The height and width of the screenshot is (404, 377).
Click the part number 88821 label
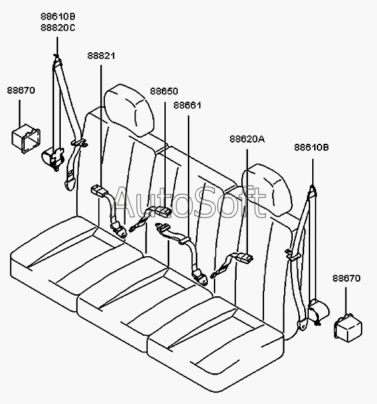tap(101, 56)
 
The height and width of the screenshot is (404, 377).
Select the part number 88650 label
tap(164, 91)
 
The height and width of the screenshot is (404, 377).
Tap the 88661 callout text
tap(187, 106)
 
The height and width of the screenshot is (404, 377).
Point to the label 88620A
tap(247, 139)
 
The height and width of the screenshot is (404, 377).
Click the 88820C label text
tap(58, 27)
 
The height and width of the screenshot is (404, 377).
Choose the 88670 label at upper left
tap(21, 90)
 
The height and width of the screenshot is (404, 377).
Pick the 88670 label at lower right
tap(346, 278)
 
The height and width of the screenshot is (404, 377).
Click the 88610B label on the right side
tap(311, 147)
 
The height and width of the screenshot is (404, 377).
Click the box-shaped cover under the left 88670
tap(26, 138)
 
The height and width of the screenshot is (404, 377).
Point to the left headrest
tap(129, 110)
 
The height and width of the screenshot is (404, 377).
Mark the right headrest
tap(267, 189)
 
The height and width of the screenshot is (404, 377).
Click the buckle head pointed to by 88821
tap(99, 191)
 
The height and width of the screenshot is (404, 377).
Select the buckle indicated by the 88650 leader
tap(162, 211)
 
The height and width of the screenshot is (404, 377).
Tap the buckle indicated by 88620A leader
tap(245, 257)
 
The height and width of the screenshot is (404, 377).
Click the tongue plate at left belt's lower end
tap(70, 182)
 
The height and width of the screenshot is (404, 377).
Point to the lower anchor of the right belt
tap(302, 324)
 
